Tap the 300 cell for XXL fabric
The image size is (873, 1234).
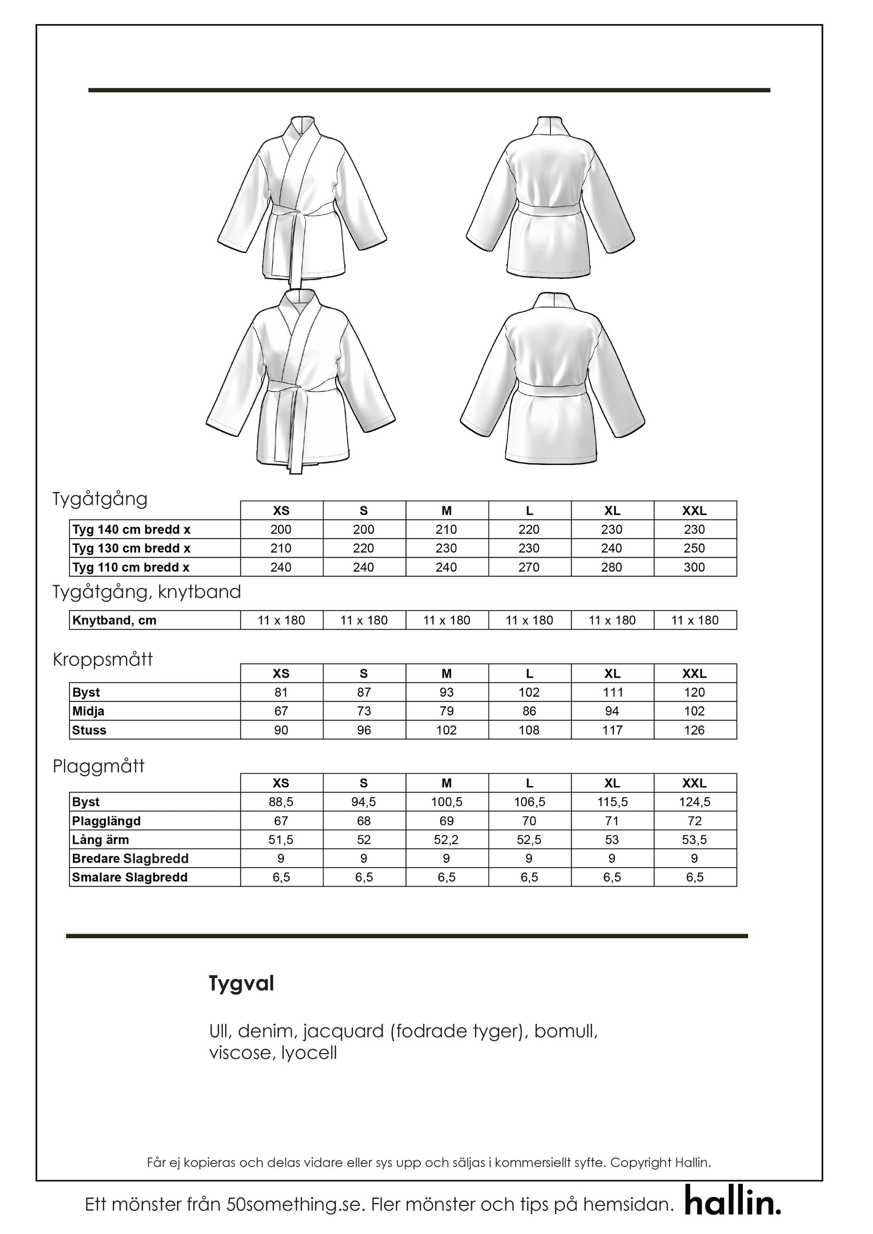pyautogui.click(x=694, y=567)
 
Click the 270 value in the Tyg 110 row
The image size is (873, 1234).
pyautogui.click(x=529, y=567)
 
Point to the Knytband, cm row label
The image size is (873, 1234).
pyautogui.click(x=114, y=620)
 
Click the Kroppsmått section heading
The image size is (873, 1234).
pyautogui.click(x=103, y=660)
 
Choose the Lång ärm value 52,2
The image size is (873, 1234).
pyautogui.click(x=446, y=839)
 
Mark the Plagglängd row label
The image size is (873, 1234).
pyautogui.click(x=106, y=821)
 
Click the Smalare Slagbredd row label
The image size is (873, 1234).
pyautogui.click(x=130, y=877)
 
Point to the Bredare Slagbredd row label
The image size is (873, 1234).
pyautogui.click(x=130, y=858)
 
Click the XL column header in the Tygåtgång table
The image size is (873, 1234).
pyautogui.click(x=612, y=511)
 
